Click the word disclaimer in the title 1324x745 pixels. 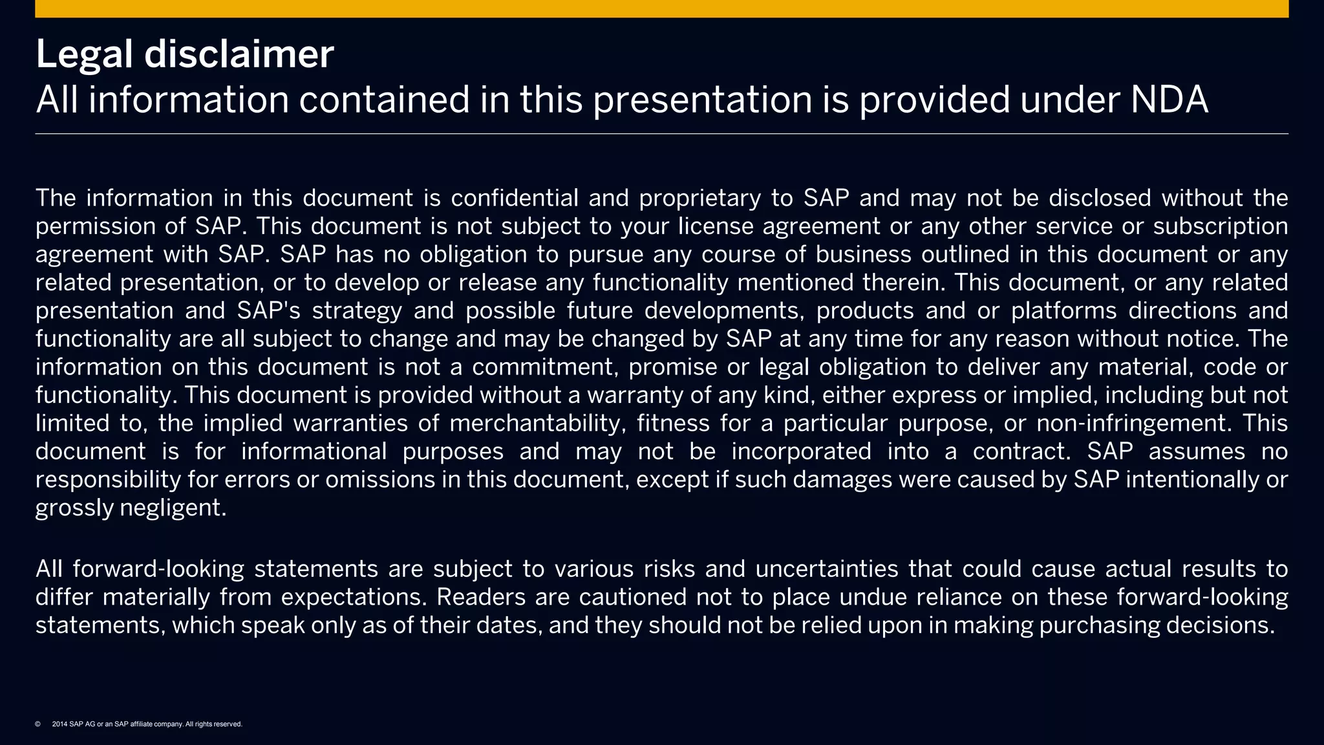pyautogui.click(x=239, y=54)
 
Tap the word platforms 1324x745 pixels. pyautogui.click(x=1063, y=312)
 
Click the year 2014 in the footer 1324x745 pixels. pyautogui.click(x=59, y=724)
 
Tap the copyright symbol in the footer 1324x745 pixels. pyautogui.click(x=37, y=724)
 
